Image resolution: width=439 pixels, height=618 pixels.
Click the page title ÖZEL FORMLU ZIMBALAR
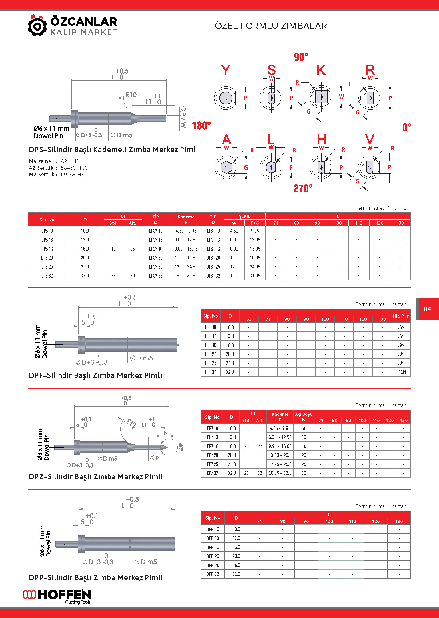point(271,26)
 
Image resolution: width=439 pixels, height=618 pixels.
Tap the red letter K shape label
point(321,70)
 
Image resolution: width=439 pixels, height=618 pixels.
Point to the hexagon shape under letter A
point(226,167)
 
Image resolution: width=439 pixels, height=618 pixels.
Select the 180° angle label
point(201,126)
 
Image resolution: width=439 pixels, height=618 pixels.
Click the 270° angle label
point(303,188)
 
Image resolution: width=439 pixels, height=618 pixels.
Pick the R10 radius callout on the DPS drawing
point(131,95)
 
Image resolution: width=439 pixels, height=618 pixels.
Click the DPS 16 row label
point(47,249)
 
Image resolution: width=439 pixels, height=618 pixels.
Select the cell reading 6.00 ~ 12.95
point(186,240)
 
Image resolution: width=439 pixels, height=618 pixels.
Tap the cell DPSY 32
point(155,276)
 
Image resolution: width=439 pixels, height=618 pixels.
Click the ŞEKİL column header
point(244,216)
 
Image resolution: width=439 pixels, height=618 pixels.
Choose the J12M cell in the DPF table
point(401,372)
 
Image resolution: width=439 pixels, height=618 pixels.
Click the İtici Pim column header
point(401,316)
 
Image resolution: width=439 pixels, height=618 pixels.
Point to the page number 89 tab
point(428,309)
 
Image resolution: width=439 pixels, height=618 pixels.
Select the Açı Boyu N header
point(304,417)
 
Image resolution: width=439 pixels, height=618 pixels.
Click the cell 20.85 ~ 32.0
point(280,473)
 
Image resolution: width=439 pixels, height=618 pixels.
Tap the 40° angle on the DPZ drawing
point(180,447)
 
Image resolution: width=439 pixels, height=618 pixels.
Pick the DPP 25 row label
point(213,565)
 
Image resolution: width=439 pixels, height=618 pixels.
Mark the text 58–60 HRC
point(74,168)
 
